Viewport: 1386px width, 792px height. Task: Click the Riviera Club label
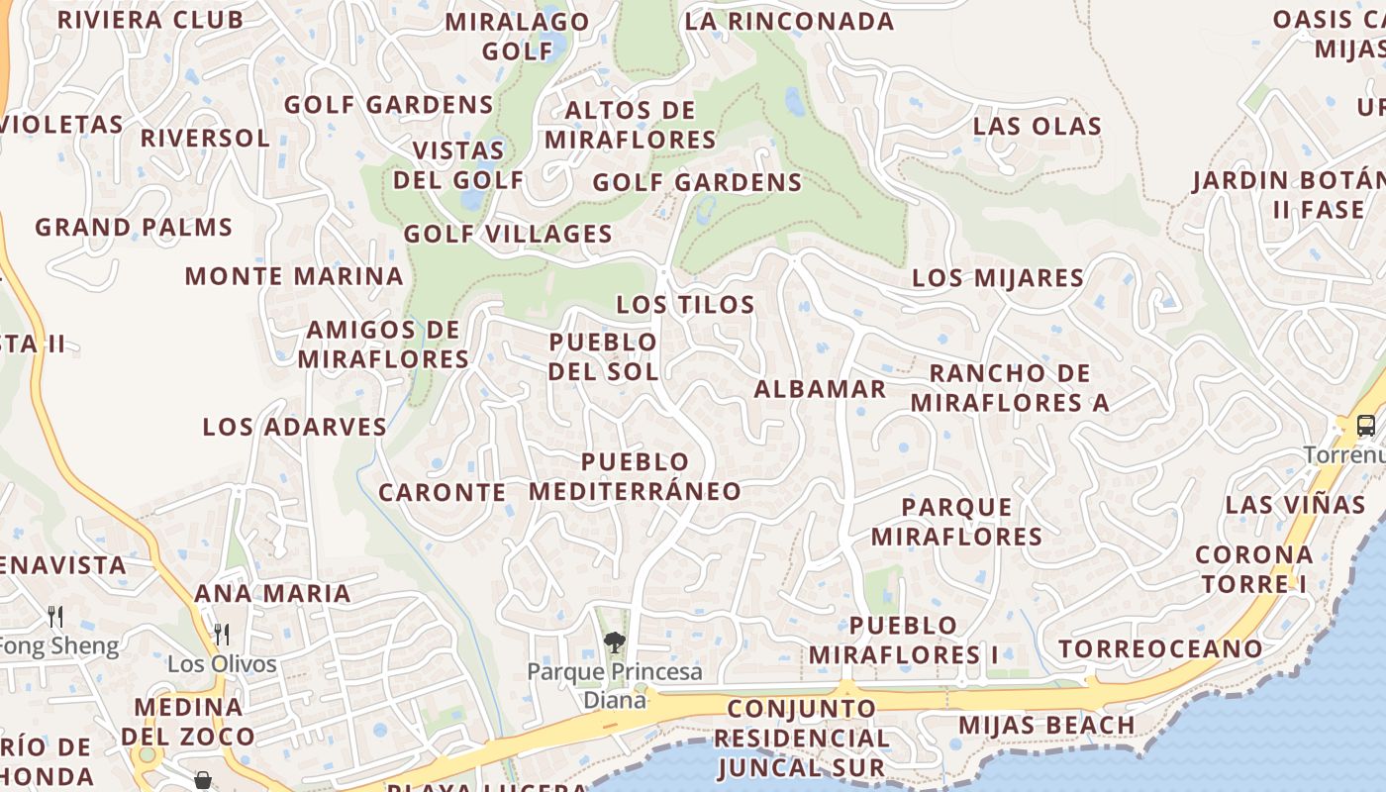[150, 20]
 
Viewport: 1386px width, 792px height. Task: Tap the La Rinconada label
[789, 21]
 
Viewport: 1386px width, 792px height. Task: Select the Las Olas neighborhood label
[1037, 126]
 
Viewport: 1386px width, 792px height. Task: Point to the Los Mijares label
[998, 277]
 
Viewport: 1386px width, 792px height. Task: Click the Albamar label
[820, 389]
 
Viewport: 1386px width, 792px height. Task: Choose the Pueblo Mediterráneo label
[635, 476]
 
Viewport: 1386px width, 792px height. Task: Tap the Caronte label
[443, 492]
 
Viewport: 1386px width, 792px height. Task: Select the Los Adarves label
[295, 427]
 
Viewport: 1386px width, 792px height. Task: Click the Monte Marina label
[294, 276]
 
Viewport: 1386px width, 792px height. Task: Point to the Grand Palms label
[134, 227]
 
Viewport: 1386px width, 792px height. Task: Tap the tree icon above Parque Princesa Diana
[615, 643]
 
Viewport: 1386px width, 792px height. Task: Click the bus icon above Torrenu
[1365, 426]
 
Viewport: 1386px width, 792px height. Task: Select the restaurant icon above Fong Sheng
[55, 617]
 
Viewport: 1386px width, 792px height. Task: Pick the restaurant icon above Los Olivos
[222, 634]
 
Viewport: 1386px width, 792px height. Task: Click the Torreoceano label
[1160, 649]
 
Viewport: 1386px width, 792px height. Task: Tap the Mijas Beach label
[1046, 725]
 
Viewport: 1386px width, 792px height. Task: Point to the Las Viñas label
[1295, 504]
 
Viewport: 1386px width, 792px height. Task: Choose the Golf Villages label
[508, 235]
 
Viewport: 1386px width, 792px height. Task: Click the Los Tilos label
[685, 304]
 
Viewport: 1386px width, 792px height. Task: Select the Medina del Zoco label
[188, 722]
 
